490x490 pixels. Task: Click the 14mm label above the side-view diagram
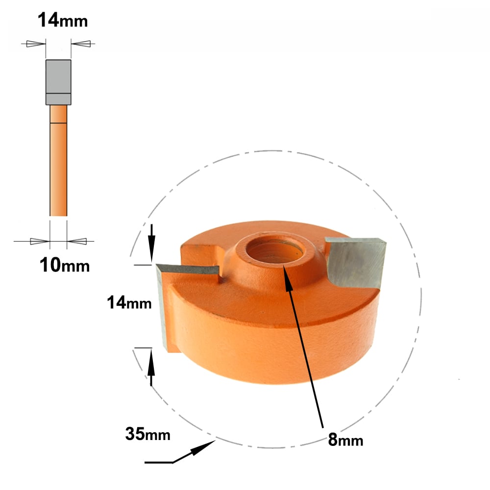63,20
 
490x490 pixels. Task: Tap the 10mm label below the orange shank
65,265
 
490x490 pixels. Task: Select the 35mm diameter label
148,434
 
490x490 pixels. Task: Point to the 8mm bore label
345,440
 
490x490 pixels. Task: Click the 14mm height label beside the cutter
129,302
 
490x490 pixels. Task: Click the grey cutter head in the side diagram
58,82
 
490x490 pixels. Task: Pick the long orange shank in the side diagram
58,160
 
